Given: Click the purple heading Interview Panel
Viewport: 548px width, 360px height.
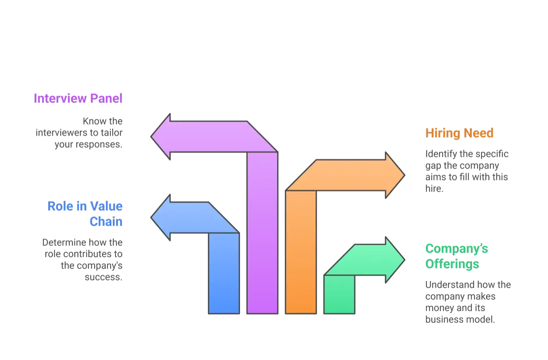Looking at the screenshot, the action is point(78,98).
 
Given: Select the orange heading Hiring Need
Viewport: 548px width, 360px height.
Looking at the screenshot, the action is point(459,133).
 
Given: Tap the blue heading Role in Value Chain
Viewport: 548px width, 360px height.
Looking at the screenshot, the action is point(85,214).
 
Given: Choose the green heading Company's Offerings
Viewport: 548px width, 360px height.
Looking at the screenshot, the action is point(456,256).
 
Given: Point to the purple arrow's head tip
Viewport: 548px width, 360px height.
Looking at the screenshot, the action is point(151,137).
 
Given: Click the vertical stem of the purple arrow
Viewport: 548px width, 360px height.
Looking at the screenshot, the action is point(262,233).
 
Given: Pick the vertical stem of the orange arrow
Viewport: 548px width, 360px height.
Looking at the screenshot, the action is point(301,252).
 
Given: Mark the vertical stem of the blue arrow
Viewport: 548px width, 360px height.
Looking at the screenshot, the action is point(224,273).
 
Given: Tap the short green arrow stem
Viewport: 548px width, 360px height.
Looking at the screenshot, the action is point(339,294).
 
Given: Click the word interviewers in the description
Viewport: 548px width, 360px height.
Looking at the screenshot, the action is point(62,133).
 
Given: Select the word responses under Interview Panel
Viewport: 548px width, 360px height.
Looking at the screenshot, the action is point(99,145).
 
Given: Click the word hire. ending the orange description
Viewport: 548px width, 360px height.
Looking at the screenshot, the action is point(434,188).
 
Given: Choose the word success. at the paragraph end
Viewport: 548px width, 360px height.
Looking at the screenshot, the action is point(103,277).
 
